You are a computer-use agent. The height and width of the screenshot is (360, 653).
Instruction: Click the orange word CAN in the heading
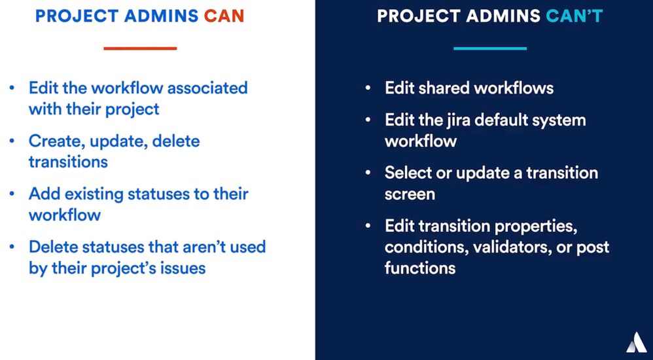(x=224, y=16)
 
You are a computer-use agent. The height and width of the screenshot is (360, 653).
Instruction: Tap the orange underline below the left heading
(x=140, y=48)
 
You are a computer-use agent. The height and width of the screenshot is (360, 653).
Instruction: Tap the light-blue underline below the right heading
(x=490, y=48)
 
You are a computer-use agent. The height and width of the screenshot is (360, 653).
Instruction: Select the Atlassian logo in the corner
(x=637, y=343)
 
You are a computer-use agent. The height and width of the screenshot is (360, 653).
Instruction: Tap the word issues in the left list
(x=184, y=268)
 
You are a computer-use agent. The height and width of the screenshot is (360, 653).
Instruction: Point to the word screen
(x=410, y=194)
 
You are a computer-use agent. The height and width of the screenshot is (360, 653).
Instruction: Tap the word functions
(x=420, y=268)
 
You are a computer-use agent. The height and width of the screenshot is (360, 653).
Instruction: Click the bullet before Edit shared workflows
(x=368, y=88)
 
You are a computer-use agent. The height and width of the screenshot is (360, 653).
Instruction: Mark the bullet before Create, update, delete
(x=12, y=141)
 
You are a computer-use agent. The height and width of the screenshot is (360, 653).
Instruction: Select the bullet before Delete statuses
(x=12, y=247)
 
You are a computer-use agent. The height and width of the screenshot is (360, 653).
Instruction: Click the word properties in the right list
(x=536, y=226)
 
